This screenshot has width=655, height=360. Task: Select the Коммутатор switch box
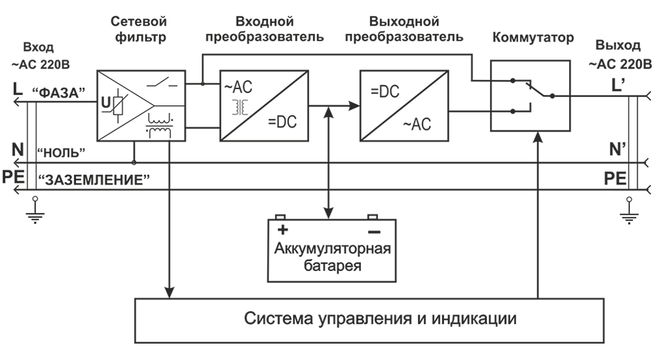(x=531, y=96)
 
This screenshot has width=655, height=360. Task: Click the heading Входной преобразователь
(x=264, y=29)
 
